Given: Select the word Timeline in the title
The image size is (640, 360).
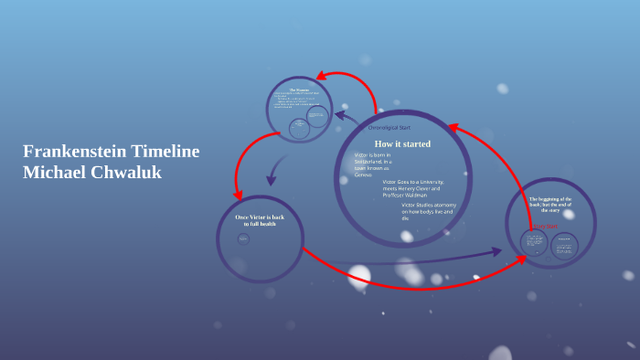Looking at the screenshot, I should (165, 152).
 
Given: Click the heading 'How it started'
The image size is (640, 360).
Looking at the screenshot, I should (402, 144).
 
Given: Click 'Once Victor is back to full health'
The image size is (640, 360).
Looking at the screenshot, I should (260, 220).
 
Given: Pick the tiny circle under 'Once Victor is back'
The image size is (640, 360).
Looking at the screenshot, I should (243, 239).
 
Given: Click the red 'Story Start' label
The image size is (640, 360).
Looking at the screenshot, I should (546, 225).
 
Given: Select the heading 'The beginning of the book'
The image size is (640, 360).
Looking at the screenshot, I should (550, 202).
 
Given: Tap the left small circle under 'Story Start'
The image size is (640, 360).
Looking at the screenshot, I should (534, 242).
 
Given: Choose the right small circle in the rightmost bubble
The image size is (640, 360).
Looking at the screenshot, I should (565, 245).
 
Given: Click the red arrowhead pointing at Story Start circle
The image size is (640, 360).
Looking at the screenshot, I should (522, 258).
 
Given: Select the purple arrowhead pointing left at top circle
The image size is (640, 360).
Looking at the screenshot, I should (340, 115).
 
